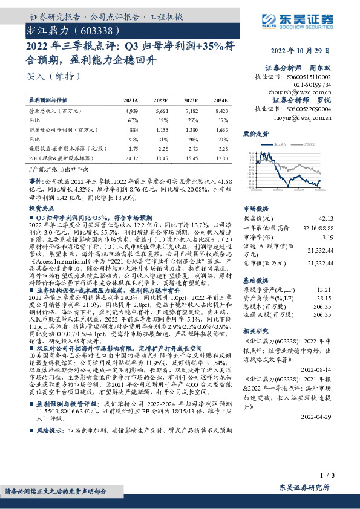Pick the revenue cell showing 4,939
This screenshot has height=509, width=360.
point(132,111)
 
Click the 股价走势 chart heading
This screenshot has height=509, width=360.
point(256,132)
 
